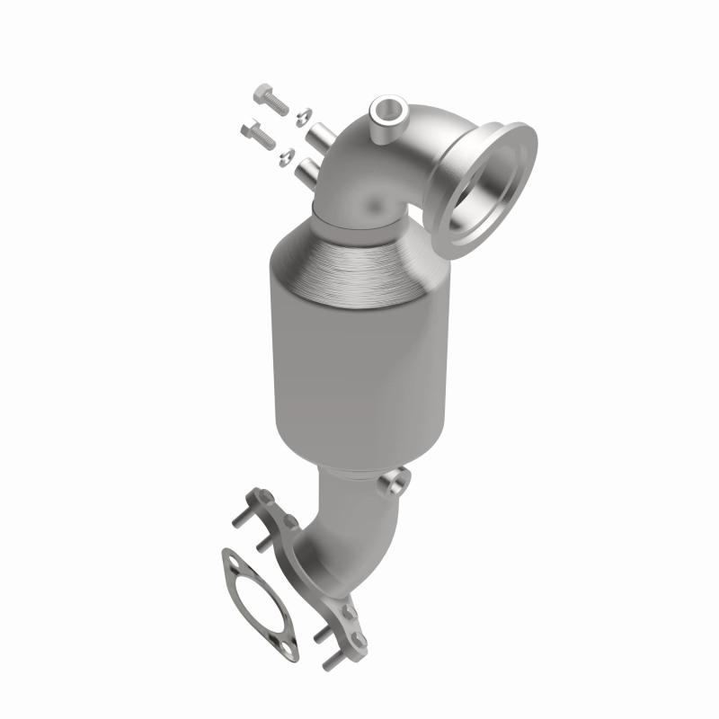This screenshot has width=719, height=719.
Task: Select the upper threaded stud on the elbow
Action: pos(321,138)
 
